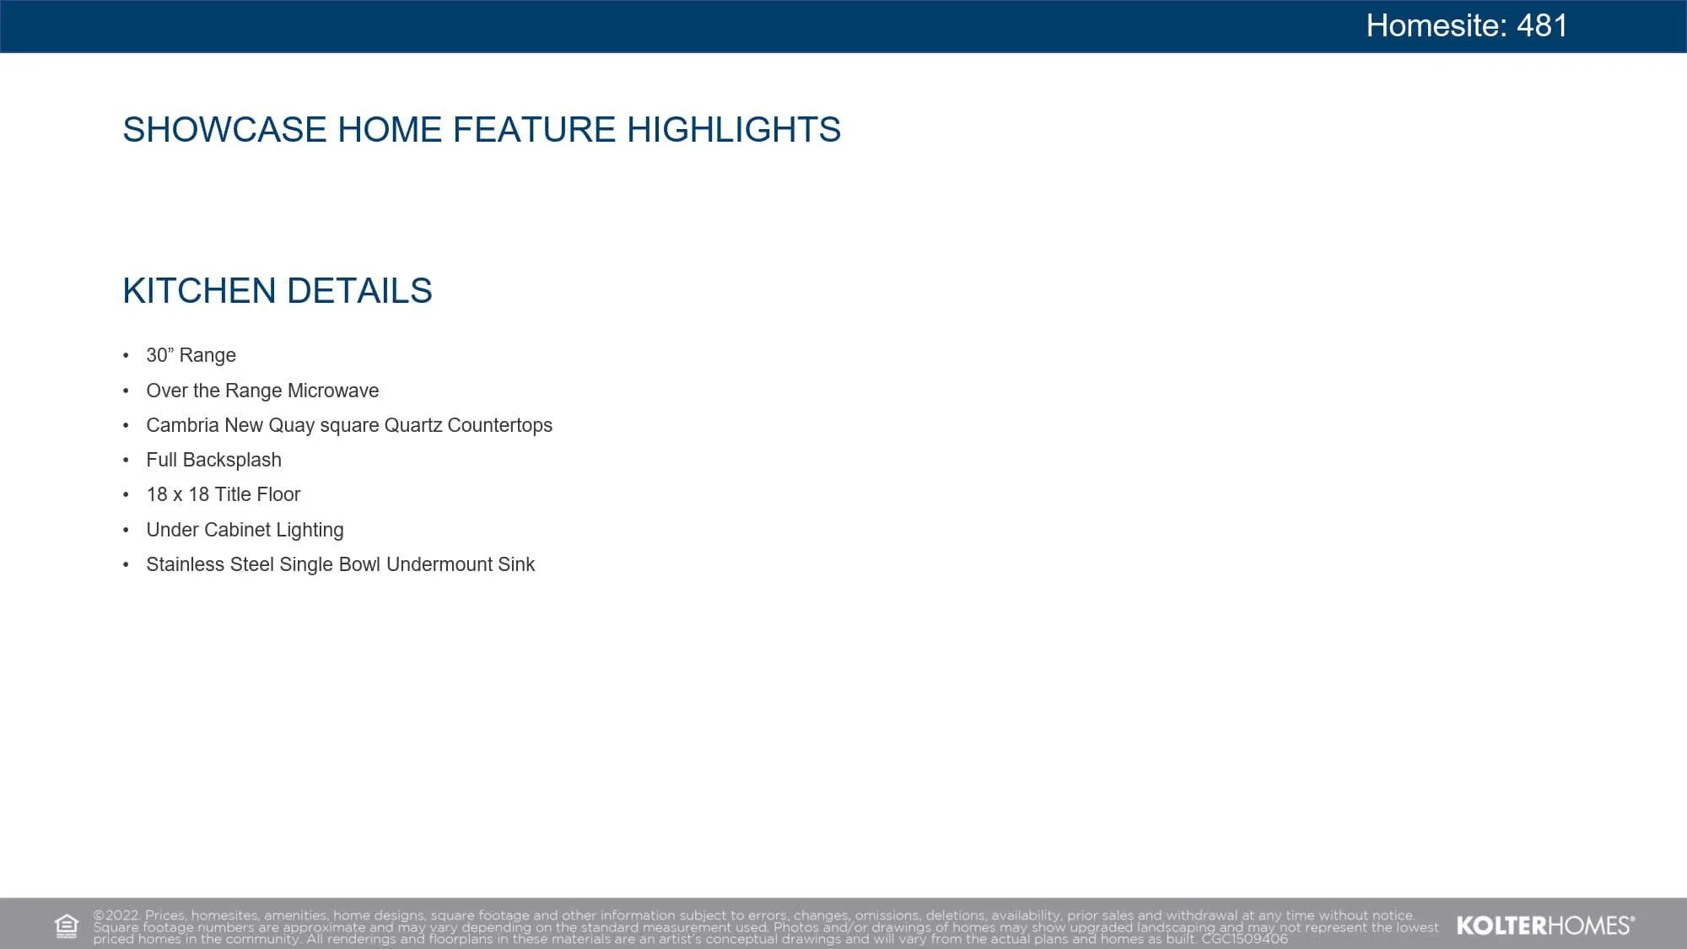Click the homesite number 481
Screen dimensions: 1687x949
pyautogui.click(x=1542, y=25)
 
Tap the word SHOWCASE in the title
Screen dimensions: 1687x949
pyautogui.click(x=224, y=130)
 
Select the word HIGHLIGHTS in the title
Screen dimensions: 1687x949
pyautogui.click(x=734, y=130)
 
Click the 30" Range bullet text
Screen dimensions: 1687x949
pyautogui.click(x=191, y=355)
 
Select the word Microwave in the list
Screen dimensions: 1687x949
pyautogui.click(x=333, y=391)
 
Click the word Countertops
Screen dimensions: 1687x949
pyautogui.click(x=500, y=425)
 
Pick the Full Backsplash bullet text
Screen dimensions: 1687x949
pyautogui.click(x=214, y=460)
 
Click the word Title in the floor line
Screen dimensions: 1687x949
pyautogui.click(x=233, y=494)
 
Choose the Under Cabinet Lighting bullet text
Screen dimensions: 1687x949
pyautogui.click(x=245, y=530)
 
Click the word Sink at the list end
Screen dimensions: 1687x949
pyautogui.click(x=516, y=564)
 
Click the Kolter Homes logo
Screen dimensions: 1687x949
pyautogui.click(x=1545, y=925)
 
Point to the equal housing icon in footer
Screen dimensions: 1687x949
pyautogui.click(x=67, y=926)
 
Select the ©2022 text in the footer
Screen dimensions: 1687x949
pyautogui.click(x=116, y=915)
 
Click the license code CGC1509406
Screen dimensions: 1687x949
pyautogui.click(x=1245, y=939)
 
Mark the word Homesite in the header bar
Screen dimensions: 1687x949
pyautogui.click(x=1437, y=25)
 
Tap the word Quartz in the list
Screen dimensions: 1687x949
pyautogui.click(x=413, y=425)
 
